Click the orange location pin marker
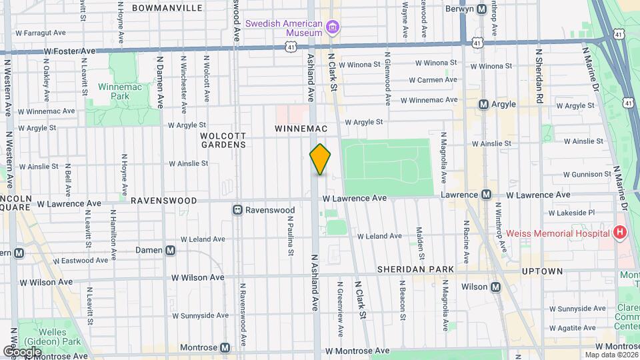coord(321,159)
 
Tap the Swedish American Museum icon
coord(333,27)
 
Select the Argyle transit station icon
coord(484,104)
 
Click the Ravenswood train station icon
coord(237,210)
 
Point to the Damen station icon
coord(171,250)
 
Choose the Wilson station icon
coord(495,287)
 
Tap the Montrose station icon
coord(225,347)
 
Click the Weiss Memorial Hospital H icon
coord(621,233)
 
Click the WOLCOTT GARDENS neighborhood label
coord(223,139)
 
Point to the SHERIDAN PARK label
coord(415,269)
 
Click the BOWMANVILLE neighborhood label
coord(167,8)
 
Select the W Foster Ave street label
coord(70,51)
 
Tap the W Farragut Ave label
coord(41,32)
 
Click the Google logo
coord(22,351)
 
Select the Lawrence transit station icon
coord(486,195)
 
